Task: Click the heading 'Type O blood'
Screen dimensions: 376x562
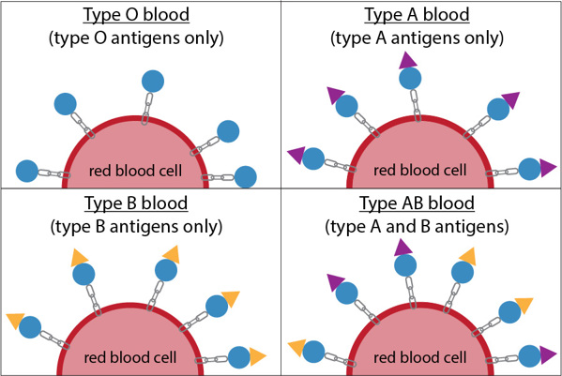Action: coord(141,17)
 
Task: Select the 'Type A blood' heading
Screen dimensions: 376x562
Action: coord(421,17)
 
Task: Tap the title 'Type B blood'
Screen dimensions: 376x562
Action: coord(141,203)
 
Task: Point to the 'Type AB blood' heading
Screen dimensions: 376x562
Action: coord(421,203)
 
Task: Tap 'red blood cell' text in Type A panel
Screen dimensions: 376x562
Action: coord(421,171)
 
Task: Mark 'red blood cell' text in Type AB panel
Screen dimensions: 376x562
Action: coord(421,358)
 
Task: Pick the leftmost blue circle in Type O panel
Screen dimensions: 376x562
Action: coord(28,172)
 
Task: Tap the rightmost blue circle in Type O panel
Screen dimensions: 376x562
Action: coord(246,176)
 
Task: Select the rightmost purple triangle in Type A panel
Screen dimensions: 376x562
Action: coord(549,170)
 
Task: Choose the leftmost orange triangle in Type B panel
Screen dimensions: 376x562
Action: coord(14,321)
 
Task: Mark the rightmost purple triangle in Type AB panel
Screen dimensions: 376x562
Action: coord(549,355)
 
